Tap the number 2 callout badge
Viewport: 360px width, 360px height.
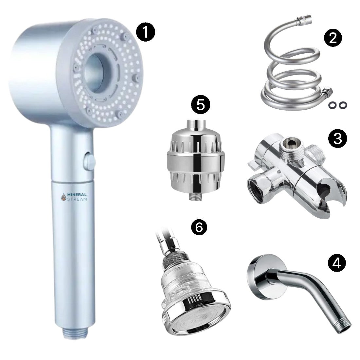click(333, 38)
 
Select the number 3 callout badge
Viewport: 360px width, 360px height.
click(337, 139)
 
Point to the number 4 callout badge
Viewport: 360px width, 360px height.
click(336, 263)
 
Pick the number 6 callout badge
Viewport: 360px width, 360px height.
click(199, 227)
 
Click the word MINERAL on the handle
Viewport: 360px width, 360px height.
click(77, 195)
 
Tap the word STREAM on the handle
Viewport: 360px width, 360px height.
click(77, 199)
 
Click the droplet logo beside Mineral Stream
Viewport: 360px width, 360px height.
click(63, 197)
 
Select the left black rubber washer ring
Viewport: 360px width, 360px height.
click(332, 105)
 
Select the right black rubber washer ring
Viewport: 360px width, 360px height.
click(343, 105)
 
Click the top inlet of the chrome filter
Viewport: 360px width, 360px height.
click(195, 125)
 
